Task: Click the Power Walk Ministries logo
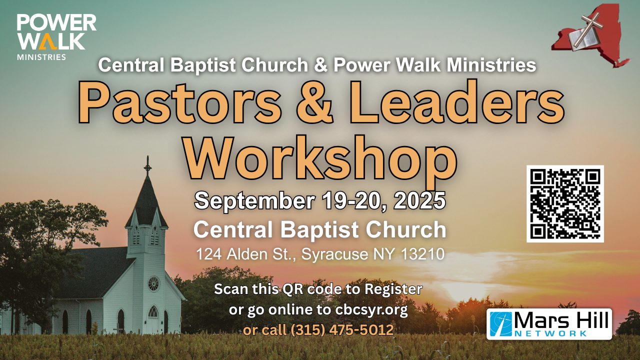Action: pyautogui.click(x=56, y=37)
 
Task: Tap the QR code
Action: pyautogui.click(x=565, y=203)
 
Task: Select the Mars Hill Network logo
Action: pyautogui.click(x=549, y=324)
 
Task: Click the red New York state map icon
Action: pyautogui.click(x=591, y=35)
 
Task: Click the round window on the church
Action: pyautogui.click(x=153, y=283)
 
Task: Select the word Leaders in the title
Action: pyautogui.click(x=456, y=102)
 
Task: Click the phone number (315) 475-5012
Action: pyautogui.click(x=342, y=330)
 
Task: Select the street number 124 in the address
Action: pyautogui.click(x=209, y=254)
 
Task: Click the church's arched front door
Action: pyautogui.click(x=153, y=319)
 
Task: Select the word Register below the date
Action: pyautogui.click(x=393, y=289)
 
